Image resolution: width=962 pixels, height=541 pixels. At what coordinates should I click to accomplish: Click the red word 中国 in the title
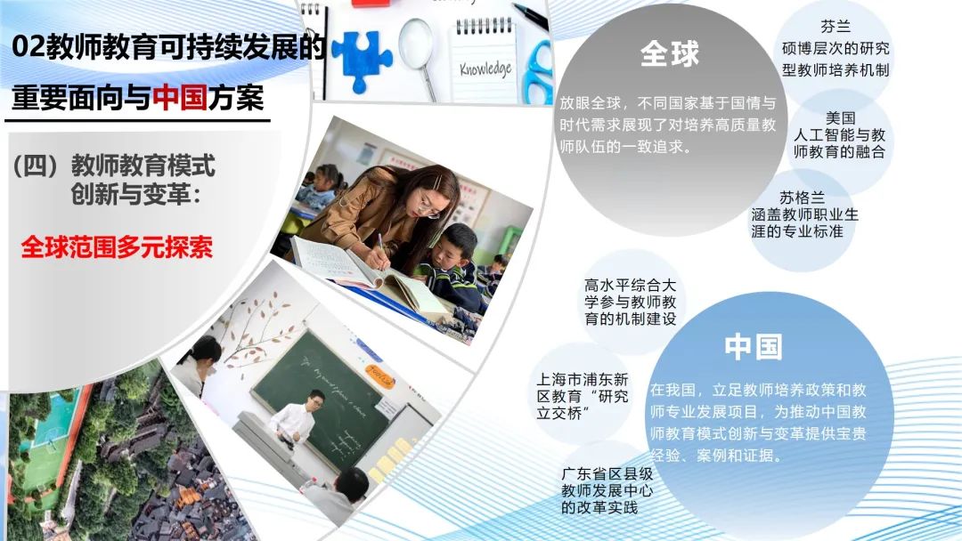180,97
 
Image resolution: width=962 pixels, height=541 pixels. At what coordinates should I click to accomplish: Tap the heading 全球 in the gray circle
669,53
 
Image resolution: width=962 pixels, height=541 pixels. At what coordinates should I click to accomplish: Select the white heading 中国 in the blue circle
754,347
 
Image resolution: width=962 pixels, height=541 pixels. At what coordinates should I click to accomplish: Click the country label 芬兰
836,27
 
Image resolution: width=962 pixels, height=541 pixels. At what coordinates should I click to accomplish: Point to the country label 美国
840,117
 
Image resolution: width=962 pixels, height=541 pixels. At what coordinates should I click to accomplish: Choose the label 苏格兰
802,198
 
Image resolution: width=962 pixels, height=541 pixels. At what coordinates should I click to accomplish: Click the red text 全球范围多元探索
117,246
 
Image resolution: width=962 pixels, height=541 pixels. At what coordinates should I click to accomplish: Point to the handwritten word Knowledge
485,69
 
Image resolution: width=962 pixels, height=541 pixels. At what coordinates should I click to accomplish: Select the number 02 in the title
29,47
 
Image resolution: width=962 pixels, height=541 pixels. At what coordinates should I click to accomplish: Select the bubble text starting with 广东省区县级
607,491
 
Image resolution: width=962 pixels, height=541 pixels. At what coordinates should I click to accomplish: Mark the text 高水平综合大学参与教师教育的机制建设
630,302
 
